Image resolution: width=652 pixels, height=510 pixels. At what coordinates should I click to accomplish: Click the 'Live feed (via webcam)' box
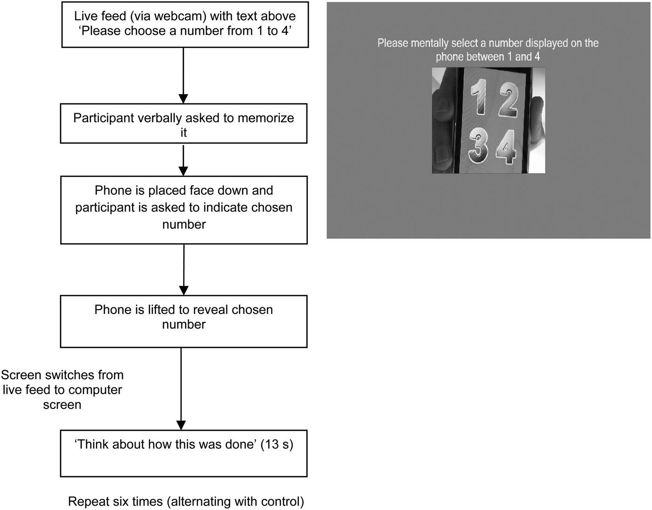[x=185, y=25]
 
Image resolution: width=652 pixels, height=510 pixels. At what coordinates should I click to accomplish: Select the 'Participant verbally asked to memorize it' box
[x=183, y=123]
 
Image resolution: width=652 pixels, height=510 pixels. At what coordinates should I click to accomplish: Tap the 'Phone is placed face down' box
[x=184, y=210]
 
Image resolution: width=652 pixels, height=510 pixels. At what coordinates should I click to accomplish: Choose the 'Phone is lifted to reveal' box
[x=183, y=321]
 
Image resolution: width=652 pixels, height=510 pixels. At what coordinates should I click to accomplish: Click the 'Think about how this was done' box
[x=183, y=453]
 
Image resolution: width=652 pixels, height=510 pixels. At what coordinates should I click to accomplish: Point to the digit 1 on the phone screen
[x=479, y=97]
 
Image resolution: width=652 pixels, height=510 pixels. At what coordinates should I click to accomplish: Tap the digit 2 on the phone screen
[x=508, y=100]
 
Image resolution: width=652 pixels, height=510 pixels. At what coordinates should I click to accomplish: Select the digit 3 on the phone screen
[x=478, y=145]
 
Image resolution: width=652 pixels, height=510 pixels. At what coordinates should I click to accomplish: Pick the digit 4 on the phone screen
[x=507, y=147]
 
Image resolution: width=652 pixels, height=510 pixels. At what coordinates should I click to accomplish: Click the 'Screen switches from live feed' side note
[x=62, y=390]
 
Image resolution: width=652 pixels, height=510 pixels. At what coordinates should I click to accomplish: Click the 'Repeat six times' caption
[x=186, y=502]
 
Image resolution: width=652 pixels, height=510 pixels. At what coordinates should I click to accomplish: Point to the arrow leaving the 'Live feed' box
[x=183, y=75]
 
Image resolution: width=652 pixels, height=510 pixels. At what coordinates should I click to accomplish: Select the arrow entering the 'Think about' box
[x=181, y=389]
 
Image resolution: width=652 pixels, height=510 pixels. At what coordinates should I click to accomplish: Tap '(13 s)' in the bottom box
[x=277, y=444]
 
